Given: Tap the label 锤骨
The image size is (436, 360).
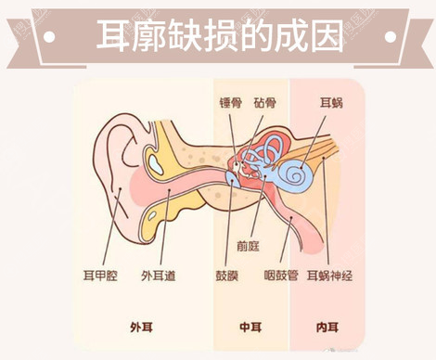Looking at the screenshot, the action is pos(230,103).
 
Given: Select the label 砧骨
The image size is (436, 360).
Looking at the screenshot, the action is pos(265,103).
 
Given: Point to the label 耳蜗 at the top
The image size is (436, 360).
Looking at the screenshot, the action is pos(331,103).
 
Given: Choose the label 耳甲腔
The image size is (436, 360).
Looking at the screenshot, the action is pos(101,276).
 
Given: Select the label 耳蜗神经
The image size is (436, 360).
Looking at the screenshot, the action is pos(340,276).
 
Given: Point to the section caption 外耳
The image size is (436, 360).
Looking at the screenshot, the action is pos(142,327).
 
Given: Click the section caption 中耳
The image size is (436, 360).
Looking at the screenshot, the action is pos(250,327).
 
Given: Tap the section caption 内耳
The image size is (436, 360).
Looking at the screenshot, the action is pos(327,327).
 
